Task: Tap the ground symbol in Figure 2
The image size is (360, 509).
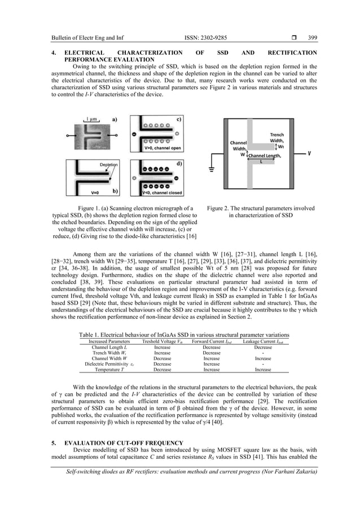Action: (x=212, y=170)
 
